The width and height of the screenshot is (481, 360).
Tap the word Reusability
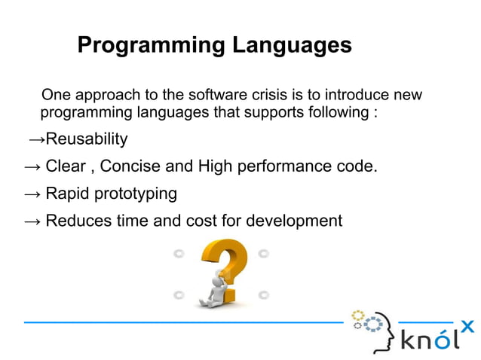pyautogui.click(x=87, y=140)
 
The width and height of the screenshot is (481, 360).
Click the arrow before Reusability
pyautogui.click(x=37, y=140)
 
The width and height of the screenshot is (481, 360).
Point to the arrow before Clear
pyautogui.click(x=32, y=166)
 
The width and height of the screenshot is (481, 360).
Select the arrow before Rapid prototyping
pyautogui.click(x=32, y=194)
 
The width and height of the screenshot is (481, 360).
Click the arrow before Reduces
pyautogui.click(x=32, y=221)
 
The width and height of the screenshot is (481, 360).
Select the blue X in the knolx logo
pyautogui.click(x=467, y=326)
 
